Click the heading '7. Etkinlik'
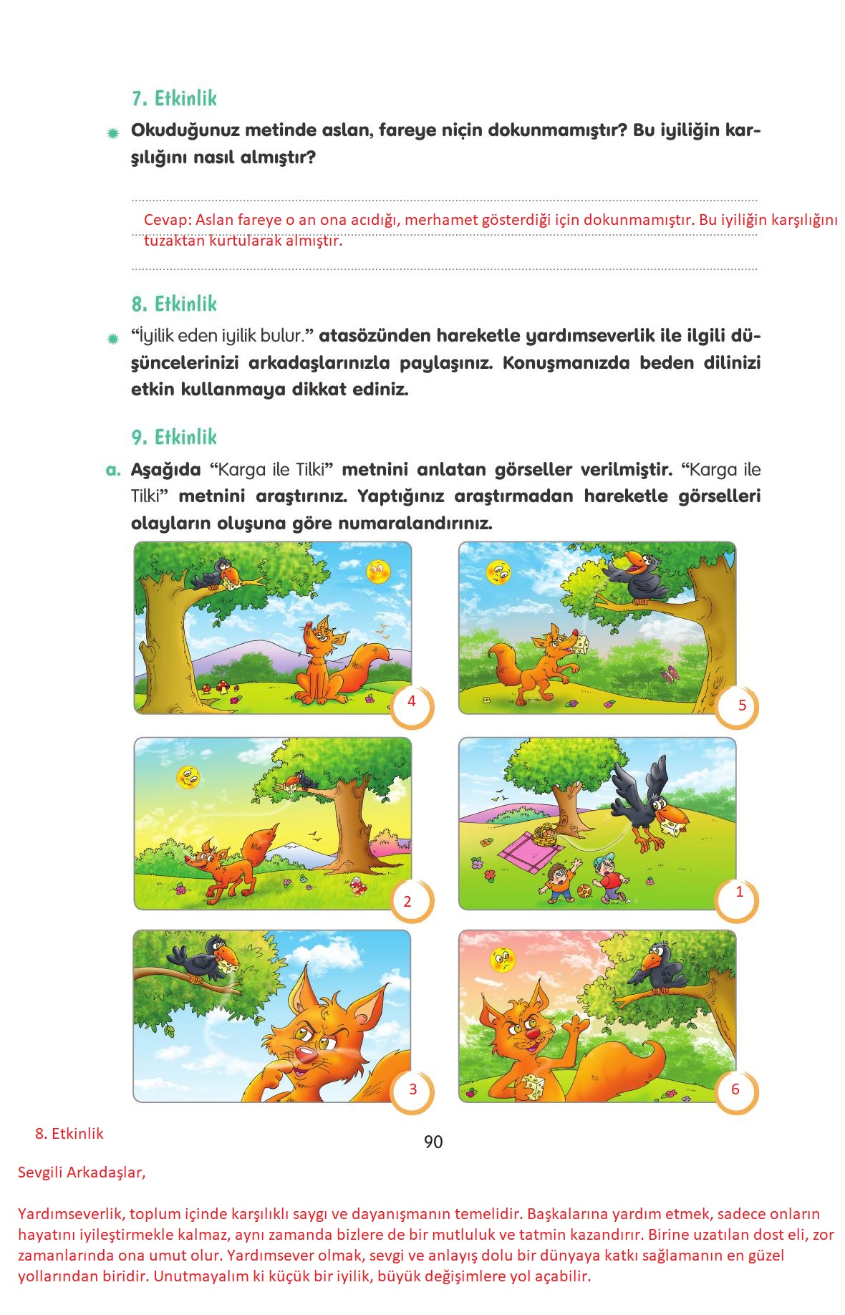point(174,98)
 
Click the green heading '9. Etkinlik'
point(174,437)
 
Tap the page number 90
point(433,1142)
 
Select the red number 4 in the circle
point(411,701)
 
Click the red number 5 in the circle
point(742,705)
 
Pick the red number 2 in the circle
point(407,901)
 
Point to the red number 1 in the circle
point(740,892)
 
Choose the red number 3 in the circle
point(412,1089)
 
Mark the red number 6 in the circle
point(735,1089)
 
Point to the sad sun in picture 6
point(503,960)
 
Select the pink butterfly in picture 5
point(671,673)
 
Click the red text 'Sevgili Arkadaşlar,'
point(82,1173)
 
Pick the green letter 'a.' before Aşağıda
point(113,471)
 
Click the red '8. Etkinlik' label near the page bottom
point(69,1134)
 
